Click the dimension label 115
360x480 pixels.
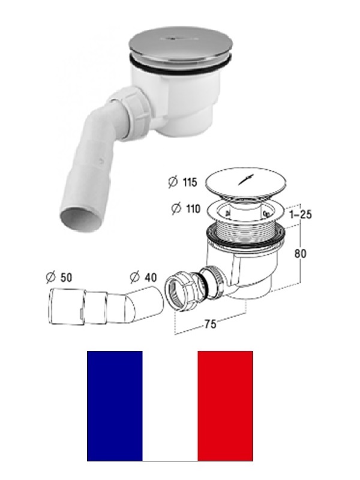[190, 182]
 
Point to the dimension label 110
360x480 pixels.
[193, 209]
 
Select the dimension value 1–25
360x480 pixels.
[301, 214]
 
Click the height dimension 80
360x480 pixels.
[300, 253]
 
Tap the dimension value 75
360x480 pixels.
[211, 324]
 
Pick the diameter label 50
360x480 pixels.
[66, 277]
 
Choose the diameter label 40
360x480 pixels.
[150, 277]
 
